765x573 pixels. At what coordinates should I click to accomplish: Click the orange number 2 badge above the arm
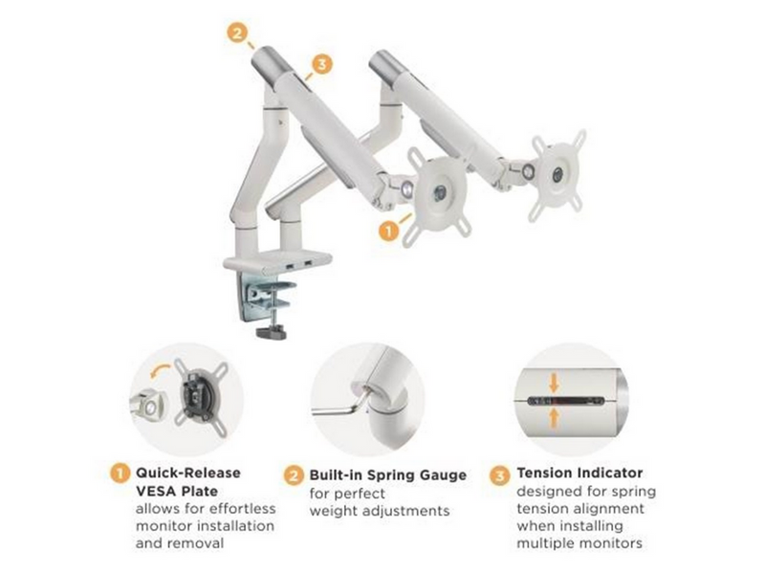[237, 33]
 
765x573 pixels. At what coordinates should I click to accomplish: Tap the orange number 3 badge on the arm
[321, 64]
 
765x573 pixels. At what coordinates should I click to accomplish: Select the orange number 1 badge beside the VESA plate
[389, 230]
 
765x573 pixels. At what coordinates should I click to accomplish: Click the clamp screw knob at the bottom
[272, 332]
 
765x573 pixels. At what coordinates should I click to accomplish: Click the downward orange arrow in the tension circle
[554, 383]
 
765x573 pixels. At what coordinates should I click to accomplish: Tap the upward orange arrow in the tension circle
[554, 419]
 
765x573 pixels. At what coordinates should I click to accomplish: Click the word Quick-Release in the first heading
[187, 473]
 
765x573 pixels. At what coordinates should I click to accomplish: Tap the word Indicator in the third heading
[610, 473]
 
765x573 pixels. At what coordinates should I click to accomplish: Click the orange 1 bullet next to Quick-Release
[120, 474]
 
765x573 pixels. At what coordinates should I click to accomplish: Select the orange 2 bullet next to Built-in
[294, 475]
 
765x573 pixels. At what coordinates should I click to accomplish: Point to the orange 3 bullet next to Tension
[499, 474]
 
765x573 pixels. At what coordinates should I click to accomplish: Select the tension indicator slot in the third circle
[566, 401]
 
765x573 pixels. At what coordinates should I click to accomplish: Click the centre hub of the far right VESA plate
[557, 174]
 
